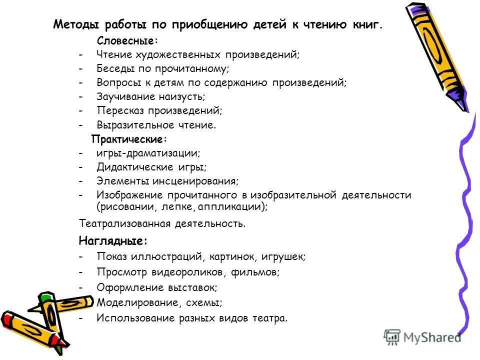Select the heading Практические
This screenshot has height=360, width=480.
(x=128, y=138)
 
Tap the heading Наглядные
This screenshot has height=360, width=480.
(x=113, y=241)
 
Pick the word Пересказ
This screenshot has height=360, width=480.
(x=118, y=110)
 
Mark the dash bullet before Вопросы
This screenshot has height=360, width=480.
(x=80, y=82)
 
